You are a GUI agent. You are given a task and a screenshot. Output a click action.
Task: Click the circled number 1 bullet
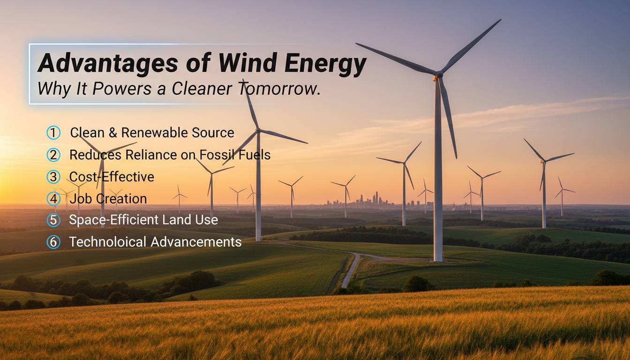tap(54, 133)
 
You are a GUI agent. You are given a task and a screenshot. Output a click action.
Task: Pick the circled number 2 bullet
tap(54, 155)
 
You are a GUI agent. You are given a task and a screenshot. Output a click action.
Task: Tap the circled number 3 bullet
tap(54, 177)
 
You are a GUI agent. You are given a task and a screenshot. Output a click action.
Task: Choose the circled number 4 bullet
tap(54, 199)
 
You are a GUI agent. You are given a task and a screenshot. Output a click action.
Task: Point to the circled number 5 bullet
tap(54, 220)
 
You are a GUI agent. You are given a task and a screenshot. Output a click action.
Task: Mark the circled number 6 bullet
tap(54, 242)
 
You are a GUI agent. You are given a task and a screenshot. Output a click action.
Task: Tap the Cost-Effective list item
tap(112, 177)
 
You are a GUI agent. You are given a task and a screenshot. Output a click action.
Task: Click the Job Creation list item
tap(108, 199)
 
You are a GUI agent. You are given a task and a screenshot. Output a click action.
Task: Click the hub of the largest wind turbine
tap(438, 75)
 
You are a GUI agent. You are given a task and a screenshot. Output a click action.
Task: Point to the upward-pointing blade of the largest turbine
tap(470, 45)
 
